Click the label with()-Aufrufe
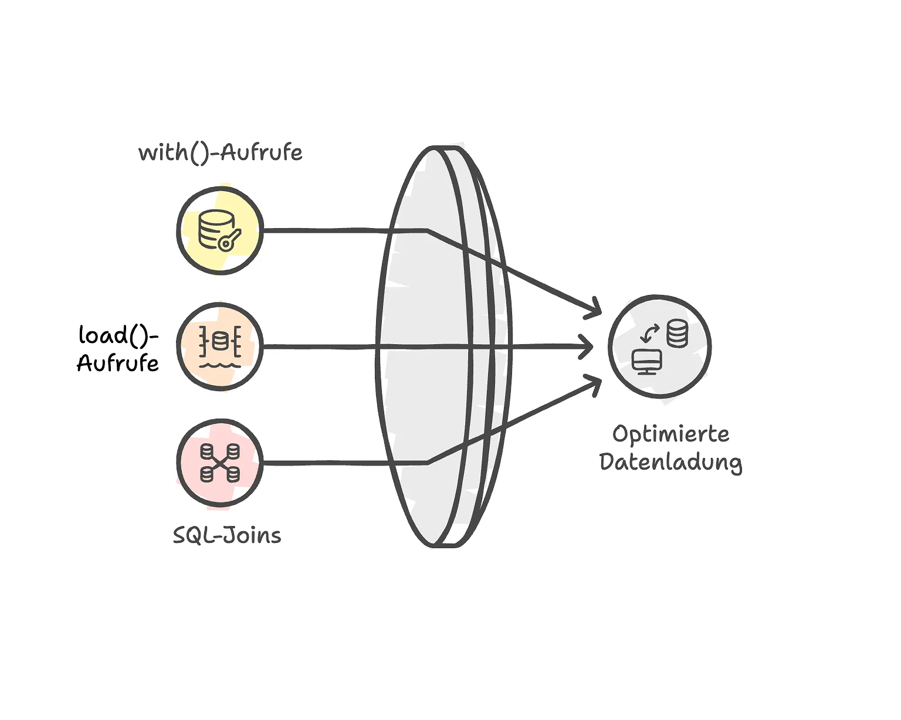(x=220, y=153)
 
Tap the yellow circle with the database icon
(x=220, y=230)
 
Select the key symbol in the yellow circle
(x=229, y=239)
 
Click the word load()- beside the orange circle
(x=118, y=335)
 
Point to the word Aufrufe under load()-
(x=118, y=364)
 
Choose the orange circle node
(x=220, y=347)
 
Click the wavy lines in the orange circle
(x=220, y=364)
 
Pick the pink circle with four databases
(x=220, y=463)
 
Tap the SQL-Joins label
(x=227, y=535)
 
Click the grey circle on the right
(x=660, y=347)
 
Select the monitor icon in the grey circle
(x=647, y=361)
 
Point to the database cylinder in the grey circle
(x=677, y=333)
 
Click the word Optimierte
(x=671, y=434)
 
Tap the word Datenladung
(x=671, y=463)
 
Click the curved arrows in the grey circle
(x=649, y=334)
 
